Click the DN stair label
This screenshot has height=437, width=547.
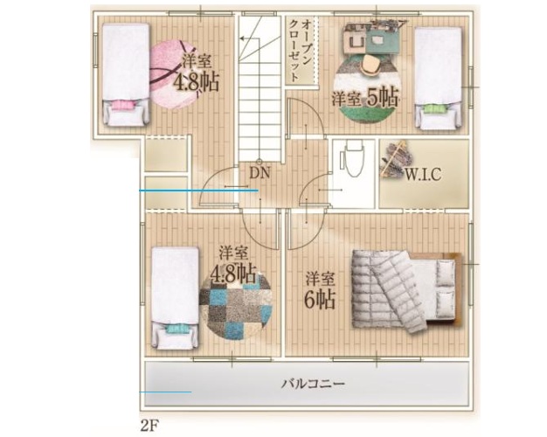pyautogui.click(x=260, y=173)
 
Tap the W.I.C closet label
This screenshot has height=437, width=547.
pyautogui.click(x=423, y=174)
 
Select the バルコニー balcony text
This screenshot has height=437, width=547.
pyautogui.click(x=313, y=384)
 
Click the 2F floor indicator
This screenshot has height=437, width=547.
pyautogui.click(x=150, y=426)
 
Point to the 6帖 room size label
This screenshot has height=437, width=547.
pyautogui.click(x=320, y=300)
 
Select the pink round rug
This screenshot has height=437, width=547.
pyautogui.click(x=173, y=74)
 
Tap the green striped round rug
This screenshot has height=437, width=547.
pyautogui.click(x=366, y=87)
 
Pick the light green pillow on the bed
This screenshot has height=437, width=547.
pyautogui.click(x=434, y=109)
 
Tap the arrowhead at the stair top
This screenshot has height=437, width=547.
pyautogui.click(x=242, y=38)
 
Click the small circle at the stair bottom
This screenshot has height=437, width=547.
pyautogui.click(x=260, y=162)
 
